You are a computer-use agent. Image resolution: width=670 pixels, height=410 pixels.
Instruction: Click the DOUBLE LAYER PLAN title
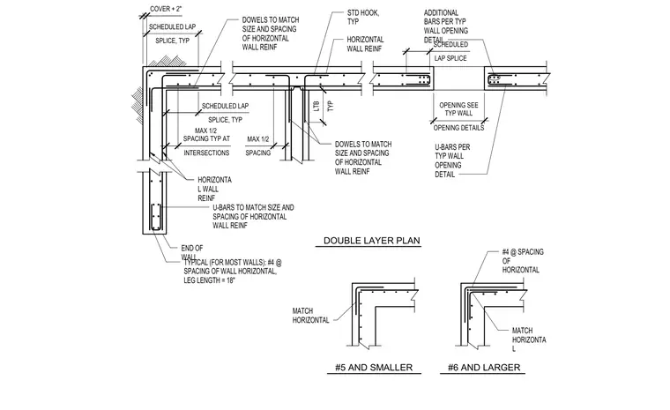[372, 241]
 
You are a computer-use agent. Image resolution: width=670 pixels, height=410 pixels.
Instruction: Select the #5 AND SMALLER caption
[374, 368]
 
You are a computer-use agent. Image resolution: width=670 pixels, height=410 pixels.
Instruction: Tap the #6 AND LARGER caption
[484, 368]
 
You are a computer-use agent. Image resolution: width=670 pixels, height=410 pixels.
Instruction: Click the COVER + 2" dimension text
[166, 9]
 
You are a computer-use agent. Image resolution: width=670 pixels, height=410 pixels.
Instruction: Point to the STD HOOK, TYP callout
[363, 17]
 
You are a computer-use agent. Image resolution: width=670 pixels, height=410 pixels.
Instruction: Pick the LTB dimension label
[316, 106]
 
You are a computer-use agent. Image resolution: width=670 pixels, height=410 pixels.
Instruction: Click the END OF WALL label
[192, 252]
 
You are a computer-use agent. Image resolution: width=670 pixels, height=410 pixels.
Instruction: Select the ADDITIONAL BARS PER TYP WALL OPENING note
[446, 26]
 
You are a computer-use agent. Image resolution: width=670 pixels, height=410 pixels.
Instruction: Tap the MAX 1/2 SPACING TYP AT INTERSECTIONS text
[206, 141]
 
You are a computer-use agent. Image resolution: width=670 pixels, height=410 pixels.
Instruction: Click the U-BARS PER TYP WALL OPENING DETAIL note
[452, 160]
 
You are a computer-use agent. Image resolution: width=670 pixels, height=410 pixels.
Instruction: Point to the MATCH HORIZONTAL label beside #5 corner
[310, 315]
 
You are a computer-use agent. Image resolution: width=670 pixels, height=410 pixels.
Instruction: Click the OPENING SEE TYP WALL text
[458, 109]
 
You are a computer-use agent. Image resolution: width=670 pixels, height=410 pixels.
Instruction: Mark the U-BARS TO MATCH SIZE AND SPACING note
[253, 216]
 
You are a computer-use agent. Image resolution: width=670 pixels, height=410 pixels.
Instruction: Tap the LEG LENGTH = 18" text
[210, 280]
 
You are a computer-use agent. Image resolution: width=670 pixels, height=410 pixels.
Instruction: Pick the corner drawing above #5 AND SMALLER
[383, 314]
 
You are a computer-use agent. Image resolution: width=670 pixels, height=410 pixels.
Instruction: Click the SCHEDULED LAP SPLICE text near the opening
[450, 51]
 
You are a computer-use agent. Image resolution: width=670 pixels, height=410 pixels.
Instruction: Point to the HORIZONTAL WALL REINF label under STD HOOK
[365, 44]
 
